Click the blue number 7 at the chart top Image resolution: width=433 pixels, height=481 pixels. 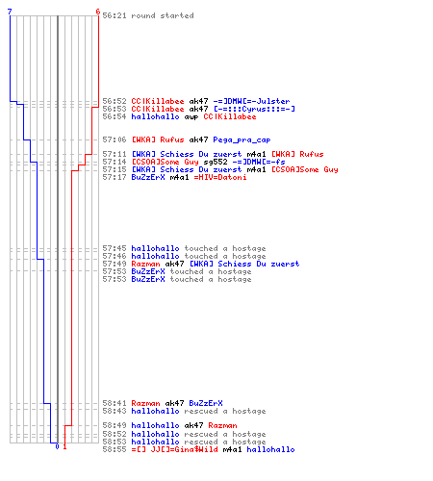pos(10,12)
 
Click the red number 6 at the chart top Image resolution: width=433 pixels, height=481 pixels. pos(98,12)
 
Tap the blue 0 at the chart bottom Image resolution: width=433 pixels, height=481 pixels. pos(57,446)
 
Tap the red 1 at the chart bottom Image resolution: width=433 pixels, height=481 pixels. pos(64,446)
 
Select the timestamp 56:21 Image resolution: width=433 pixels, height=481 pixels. pos(115,15)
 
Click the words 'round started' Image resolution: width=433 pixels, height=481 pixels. pos(163,15)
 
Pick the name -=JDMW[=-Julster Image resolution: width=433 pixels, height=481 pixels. pos(251,101)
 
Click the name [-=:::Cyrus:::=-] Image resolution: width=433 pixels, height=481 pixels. pos(254,109)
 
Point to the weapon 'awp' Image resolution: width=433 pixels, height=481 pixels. pos(191,117)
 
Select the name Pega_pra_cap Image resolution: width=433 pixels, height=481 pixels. pos(242,139)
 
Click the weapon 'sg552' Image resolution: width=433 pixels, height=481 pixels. pos(216,162)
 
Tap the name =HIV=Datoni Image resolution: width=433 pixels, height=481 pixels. pos(220,177)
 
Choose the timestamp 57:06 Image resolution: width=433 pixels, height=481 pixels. pos(115,139)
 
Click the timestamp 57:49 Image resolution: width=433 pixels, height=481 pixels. pos(115,264)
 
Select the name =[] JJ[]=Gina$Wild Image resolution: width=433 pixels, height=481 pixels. pos(174,449)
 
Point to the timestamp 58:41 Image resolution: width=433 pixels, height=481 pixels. pos(115,403)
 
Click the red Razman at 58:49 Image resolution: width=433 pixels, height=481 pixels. pos(222,425)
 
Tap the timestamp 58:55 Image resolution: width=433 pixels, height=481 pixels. pos(115,449)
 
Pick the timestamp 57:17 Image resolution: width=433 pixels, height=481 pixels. pos(115,177)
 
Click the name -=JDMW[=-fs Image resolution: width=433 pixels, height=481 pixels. pos(259,162)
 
